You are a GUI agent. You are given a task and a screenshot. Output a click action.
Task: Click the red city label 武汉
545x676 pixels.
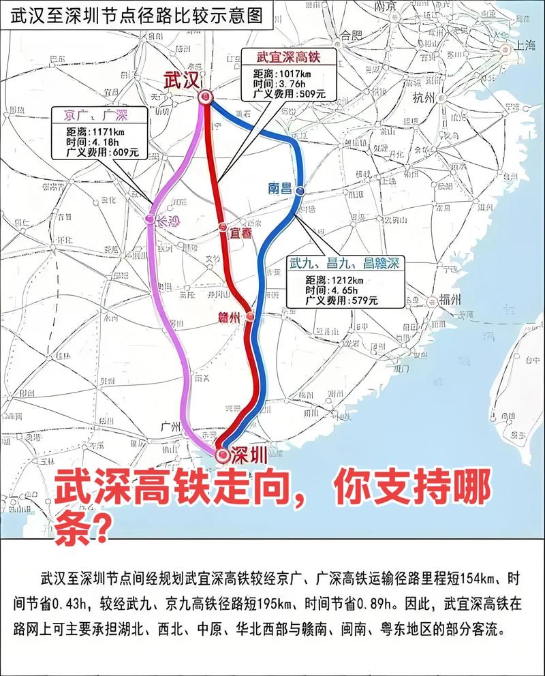[181, 80]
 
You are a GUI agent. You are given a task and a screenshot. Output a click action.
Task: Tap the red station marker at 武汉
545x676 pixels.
[205, 98]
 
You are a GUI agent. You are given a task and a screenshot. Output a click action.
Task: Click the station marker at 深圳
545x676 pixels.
[222, 455]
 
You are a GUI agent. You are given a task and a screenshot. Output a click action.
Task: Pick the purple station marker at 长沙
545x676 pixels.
[150, 219]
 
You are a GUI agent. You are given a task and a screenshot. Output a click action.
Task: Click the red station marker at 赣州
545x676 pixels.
[250, 316]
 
